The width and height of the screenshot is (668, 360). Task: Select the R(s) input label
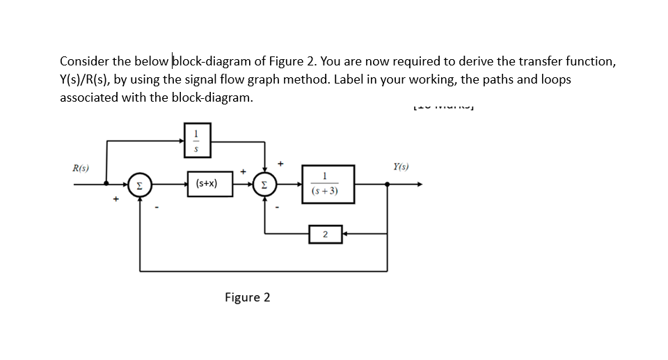point(81,169)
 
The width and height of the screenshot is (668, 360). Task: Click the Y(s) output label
point(401,167)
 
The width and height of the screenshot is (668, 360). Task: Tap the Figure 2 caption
point(247,297)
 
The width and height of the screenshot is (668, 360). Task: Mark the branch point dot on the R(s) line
point(106,185)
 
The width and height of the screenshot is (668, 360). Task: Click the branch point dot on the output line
point(388,185)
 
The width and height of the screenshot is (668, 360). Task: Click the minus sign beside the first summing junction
point(158,205)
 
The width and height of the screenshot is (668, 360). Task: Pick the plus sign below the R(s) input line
point(116,200)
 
